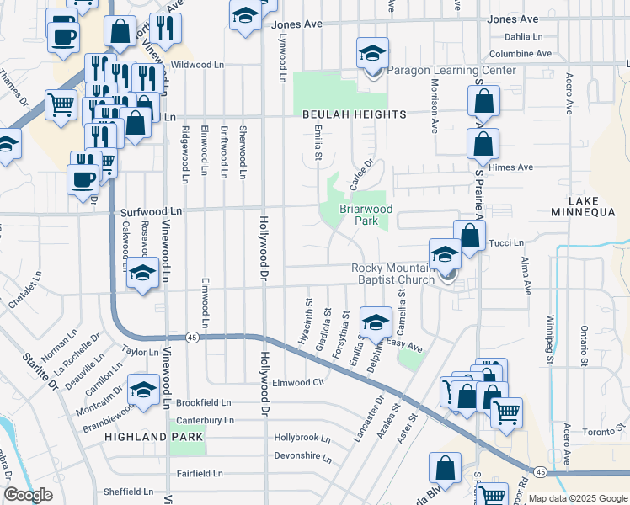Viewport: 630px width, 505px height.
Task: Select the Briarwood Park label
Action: pos(366,215)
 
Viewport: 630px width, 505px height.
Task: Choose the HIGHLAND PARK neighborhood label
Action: pos(153,437)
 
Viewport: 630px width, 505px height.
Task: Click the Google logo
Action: pos(27,495)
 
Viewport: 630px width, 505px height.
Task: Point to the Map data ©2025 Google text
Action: pos(577,498)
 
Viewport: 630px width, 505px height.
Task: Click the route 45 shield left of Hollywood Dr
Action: pos(193,338)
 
